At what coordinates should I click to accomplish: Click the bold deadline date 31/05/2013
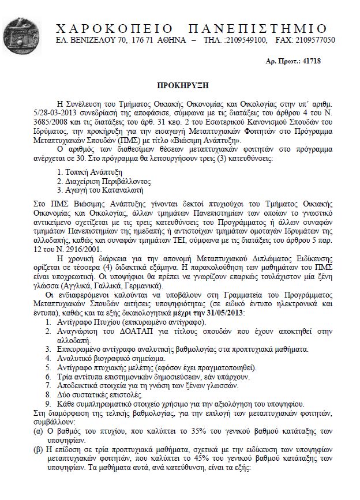pos(223,312)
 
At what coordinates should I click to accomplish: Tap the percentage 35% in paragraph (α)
pos(181,430)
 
